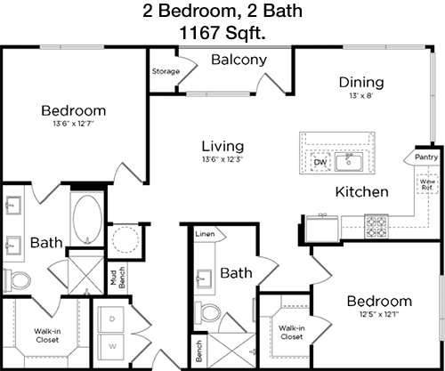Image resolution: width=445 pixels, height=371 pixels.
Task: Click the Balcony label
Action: [239, 60]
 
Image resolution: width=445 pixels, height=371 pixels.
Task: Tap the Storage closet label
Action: [166, 71]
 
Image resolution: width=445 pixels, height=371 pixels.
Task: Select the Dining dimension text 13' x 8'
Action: [361, 96]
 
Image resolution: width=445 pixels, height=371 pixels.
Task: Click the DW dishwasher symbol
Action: [320, 162]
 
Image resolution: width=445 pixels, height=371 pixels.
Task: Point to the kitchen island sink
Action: [349, 161]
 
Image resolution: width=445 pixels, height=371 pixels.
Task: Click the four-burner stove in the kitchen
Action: [376, 227]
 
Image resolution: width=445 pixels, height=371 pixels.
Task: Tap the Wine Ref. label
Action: [427, 184]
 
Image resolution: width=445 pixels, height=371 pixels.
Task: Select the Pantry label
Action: [426, 157]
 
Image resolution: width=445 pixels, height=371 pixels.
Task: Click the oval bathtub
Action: [87, 220]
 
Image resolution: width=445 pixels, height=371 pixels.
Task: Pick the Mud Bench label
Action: [117, 278]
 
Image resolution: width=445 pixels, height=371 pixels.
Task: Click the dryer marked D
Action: [111, 319]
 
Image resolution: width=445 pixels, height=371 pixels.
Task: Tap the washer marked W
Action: [111, 347]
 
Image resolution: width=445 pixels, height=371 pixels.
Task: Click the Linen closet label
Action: [205, 234]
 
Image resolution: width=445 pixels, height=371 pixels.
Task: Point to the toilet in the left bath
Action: [17, 280]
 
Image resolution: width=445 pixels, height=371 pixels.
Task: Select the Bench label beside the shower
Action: [198, 351]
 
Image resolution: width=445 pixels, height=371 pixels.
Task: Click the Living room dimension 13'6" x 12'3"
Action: [222, 159]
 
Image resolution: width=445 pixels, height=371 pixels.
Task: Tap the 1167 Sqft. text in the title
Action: [222, 33]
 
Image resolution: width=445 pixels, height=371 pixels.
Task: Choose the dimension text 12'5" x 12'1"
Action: [379, 314]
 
